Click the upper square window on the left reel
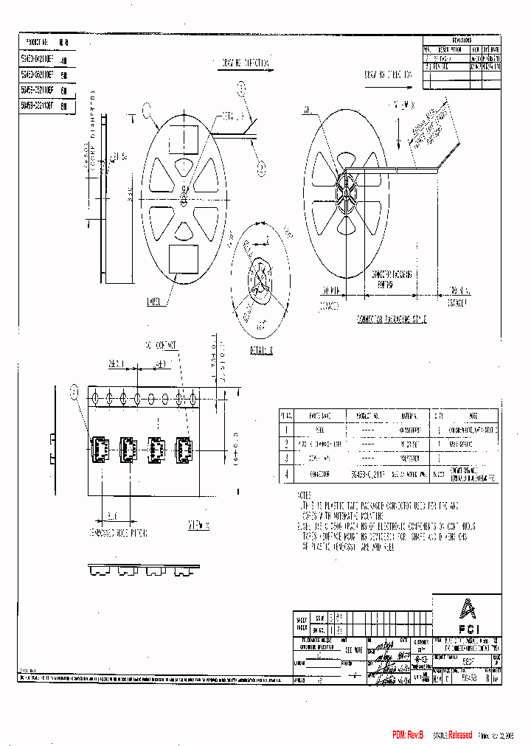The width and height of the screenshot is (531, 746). (184, 138)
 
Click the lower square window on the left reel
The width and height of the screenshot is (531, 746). (182, 259)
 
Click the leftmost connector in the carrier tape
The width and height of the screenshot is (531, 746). (100, 447)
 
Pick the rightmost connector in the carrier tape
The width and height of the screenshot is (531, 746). (183, 447)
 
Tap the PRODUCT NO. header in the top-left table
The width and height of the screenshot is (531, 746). (37, 42)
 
